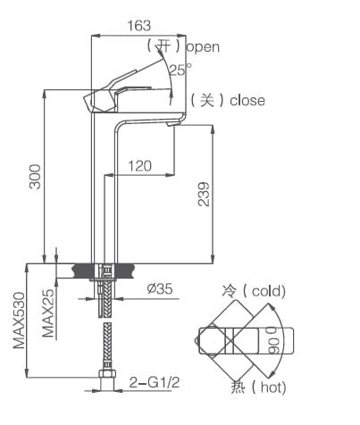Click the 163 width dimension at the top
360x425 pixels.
138,25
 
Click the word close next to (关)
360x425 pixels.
247,100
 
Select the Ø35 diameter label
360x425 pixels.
158,287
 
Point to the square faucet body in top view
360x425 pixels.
214,339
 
